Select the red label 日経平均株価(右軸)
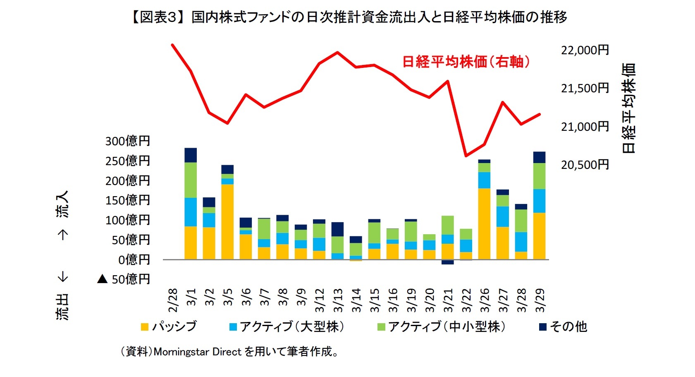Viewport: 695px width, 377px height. [x=466, y=62]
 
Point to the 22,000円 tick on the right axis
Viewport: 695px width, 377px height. [x=585, y=50]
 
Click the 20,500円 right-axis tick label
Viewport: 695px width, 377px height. [x=585, y=165]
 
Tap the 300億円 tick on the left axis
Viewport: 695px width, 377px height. [x=127, y=141]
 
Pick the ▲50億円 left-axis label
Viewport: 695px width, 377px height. [x=124, y=279]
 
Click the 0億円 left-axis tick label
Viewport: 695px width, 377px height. [x=134, y=260]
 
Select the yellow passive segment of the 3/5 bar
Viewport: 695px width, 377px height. [x=227, y=222]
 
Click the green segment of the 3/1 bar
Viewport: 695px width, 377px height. [x=191, y=180]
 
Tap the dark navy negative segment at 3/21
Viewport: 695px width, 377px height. [x=448, y=262]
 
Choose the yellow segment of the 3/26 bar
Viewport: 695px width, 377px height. [x=484, y=224]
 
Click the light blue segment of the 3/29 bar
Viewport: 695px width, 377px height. [x=539, y=201]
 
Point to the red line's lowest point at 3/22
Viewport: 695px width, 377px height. [x=466, y=156]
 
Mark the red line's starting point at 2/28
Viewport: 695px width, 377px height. [x=172, y=45]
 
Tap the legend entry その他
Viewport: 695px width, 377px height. [x=568, y=327]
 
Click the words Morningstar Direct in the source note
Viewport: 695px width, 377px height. [x=197, y=352]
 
